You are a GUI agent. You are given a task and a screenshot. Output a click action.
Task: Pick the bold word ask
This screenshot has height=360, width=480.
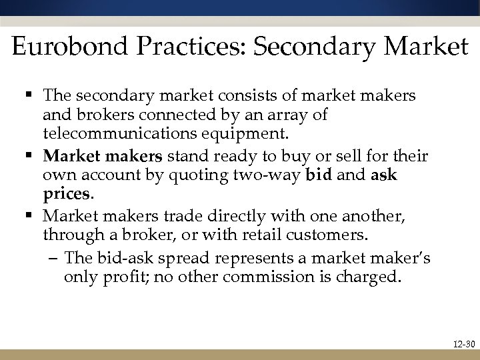383,176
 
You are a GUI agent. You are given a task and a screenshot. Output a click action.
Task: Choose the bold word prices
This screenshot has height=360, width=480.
65,195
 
